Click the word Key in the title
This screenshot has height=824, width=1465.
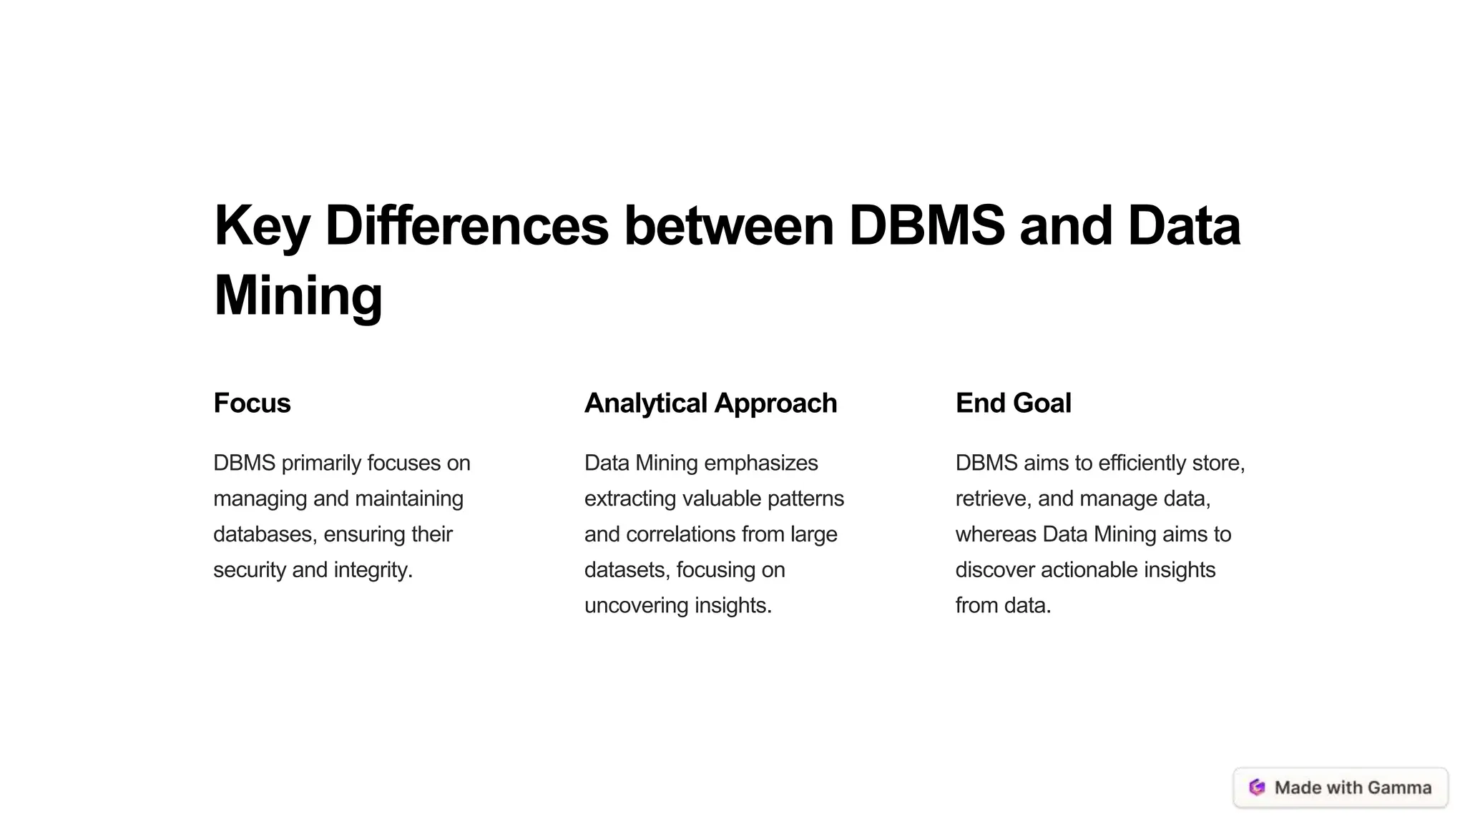(261, 227)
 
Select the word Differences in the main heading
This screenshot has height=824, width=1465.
(466, 226)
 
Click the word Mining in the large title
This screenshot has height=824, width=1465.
(298, 296)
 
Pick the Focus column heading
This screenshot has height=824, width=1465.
(252, 403)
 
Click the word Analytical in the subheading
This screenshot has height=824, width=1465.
(646, 403)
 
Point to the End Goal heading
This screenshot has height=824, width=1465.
(1013, 403)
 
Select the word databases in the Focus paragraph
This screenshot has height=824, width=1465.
(265, 534)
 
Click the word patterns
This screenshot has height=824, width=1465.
(805, 499)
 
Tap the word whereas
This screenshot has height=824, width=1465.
(996, 534)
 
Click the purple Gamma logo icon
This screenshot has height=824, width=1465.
(1257, 788)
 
